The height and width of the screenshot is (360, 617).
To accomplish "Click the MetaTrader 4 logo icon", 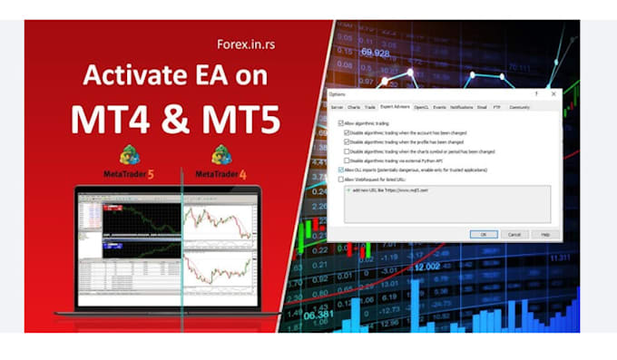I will (221, 155).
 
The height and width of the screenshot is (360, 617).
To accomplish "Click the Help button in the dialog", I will (544, 233).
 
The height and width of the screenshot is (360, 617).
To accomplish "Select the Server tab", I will (337, 107).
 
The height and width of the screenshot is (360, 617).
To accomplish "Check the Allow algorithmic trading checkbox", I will (339, 122).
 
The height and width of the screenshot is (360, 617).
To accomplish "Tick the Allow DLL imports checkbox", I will (339, 170).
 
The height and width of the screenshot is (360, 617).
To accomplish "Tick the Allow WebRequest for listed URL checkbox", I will (339, 180).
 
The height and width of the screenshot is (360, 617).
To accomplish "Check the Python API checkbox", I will (347, 161).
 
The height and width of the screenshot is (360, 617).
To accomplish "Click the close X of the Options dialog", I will (552, 93).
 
